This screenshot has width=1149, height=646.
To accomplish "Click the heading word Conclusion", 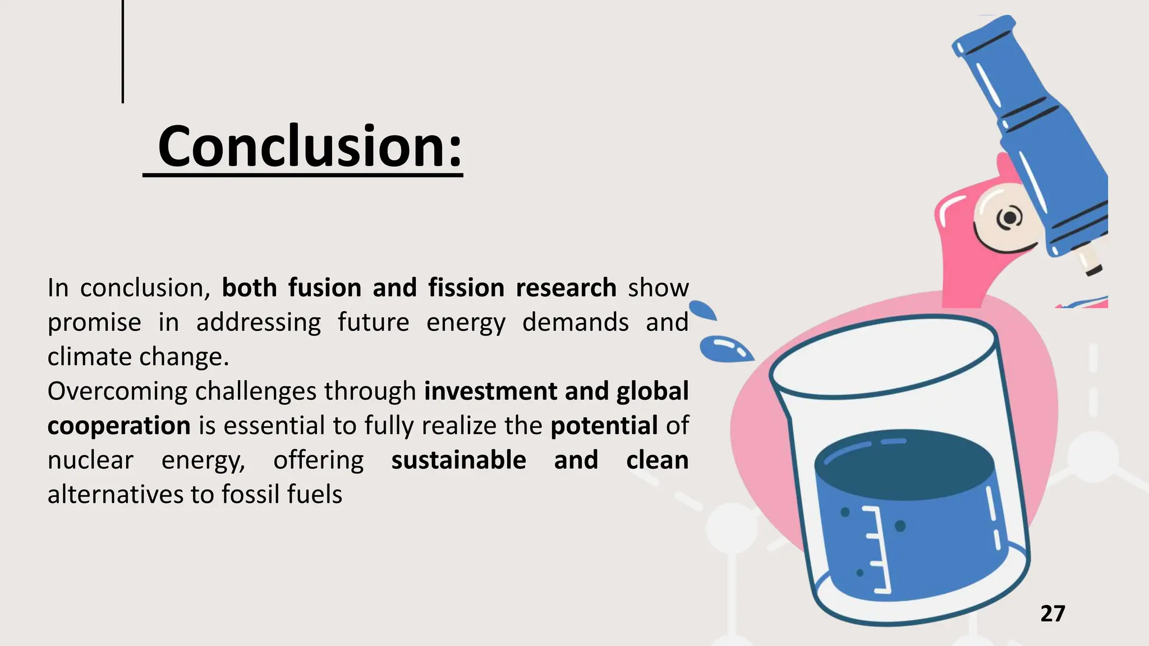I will pyautogui.click(x=310, y=147).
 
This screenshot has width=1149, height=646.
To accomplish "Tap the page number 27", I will pyautogui.click(x=1053, y=614).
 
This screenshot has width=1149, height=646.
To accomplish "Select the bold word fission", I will pyautogui.click(x=466, y=288).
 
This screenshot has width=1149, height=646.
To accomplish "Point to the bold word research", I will pyautogui.click(x=566, y=288).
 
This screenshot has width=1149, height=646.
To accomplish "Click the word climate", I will pyautogui.click(x=89, y=357).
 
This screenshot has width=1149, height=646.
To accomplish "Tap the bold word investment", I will pyautogui.click(x=490, y=391).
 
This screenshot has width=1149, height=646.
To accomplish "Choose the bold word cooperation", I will pyautogui.click(x=119, y=426).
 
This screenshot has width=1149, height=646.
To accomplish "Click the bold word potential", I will pyautogui.click(x=604, y=426).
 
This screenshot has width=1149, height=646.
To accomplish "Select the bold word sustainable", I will pyautogui.click(x=458, y=460).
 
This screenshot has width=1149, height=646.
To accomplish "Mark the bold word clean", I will pyautogui.click(x=657, y=460).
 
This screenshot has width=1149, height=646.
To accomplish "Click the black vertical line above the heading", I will pyautogui.click(x=122, y=52).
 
